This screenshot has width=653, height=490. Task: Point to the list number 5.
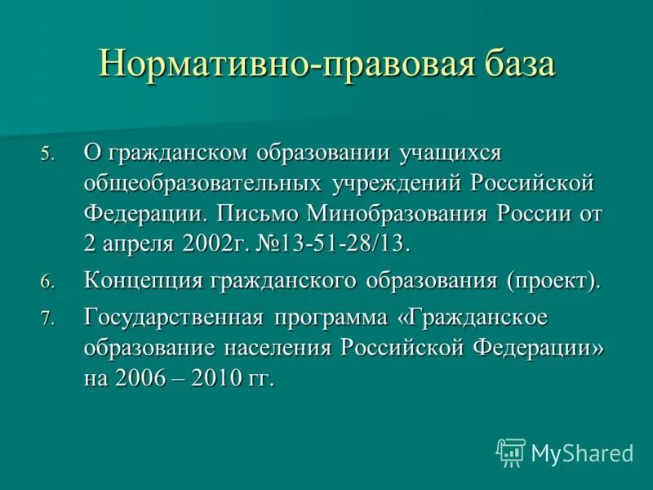pos(47,154)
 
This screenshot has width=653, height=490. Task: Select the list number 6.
pos(47,282)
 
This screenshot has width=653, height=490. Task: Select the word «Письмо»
pos(258,214)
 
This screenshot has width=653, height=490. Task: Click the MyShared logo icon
pos(511,452)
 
